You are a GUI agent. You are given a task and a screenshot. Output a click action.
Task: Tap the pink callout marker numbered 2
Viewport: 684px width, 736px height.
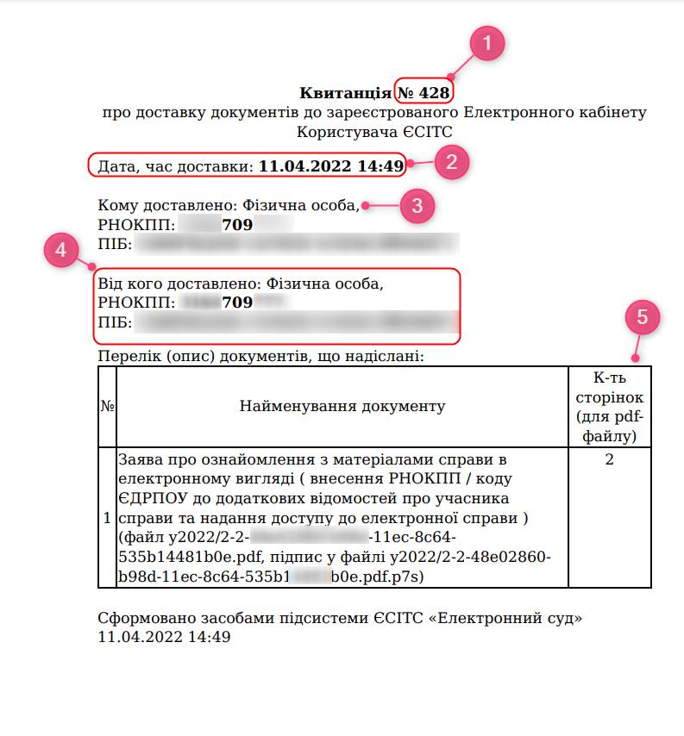[452, 161]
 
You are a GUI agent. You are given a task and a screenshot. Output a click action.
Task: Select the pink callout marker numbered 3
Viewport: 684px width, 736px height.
[417, 205]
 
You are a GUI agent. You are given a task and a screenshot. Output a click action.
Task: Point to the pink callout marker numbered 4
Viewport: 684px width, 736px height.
[60, 250]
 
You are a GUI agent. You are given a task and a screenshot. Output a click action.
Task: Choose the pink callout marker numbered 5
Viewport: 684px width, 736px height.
[642, 317]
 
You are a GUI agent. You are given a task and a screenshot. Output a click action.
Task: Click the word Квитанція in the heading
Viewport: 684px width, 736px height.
[345, 92]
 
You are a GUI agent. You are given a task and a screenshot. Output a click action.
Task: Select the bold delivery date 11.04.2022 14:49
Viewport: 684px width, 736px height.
[331, 166]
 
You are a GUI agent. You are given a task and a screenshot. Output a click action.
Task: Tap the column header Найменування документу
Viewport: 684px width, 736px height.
[342, 406]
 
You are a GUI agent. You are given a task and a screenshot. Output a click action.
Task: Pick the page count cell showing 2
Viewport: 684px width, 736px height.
[609, 459]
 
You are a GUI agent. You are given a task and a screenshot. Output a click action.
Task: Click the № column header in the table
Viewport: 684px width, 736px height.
[107, 406]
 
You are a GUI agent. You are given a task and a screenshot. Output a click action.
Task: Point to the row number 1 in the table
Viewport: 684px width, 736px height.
[107, 518]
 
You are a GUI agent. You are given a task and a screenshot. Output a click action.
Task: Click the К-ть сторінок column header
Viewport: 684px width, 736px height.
[609, 406]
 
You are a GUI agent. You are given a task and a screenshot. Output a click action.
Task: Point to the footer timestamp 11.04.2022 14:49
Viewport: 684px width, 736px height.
[165, 638]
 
